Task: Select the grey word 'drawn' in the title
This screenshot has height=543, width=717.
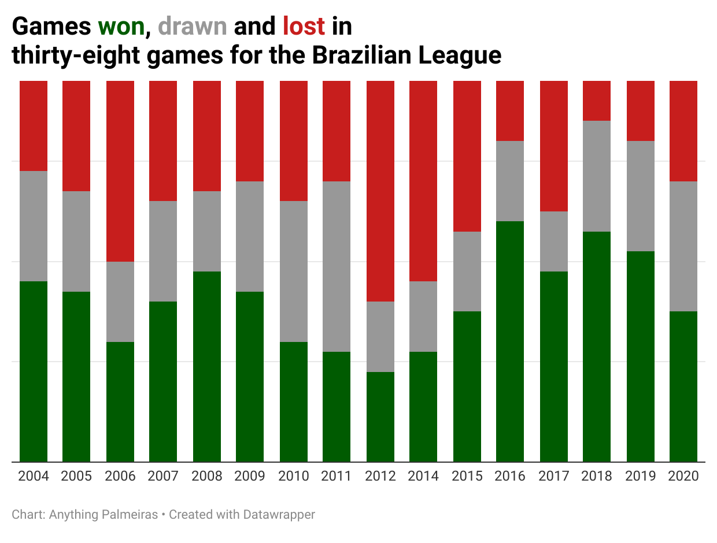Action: point(192,27)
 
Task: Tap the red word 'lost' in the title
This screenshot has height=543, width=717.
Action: point(304,27)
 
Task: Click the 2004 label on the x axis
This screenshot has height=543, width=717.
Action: point(34,477)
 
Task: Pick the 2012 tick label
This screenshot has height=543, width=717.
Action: point(380,477)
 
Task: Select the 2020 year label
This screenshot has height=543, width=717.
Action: point(683,477)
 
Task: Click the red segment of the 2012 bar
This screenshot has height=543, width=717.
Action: point(380,191)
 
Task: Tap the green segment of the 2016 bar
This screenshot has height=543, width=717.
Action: point(510,341)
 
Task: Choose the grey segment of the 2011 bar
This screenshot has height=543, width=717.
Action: point(337,266)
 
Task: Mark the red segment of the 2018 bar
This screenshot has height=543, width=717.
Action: point(597,101)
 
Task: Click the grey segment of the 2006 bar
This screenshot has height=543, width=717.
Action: point(120,302)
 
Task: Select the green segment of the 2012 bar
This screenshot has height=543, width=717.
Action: point(380,416)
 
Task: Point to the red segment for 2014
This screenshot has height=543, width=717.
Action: point(423,181)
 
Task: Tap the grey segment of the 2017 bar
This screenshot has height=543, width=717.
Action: point(554,241)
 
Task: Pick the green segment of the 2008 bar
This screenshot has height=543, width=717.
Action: point(207,366)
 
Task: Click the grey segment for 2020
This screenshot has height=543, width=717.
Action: point(683,246)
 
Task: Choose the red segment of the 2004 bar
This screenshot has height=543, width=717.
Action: point(34,126)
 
